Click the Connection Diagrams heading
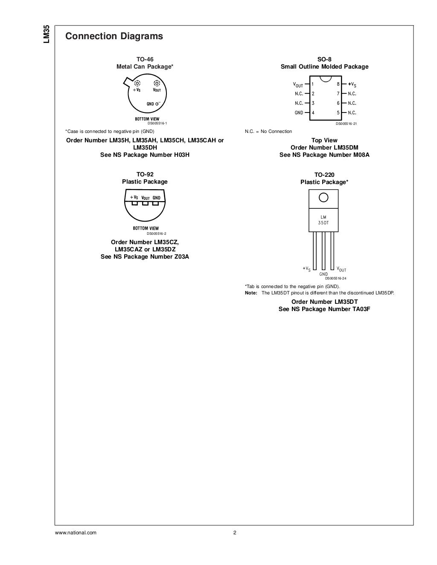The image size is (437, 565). (x=114, y=36)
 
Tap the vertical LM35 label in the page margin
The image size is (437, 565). (x=47, y=34)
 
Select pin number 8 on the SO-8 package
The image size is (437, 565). (x=338, y=84)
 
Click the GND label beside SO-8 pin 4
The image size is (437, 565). (x=299, y=113)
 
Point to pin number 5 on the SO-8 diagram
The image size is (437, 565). (x=338, y=113)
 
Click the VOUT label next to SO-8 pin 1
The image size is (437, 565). (x=298, y=85)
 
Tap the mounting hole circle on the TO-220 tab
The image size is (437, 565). (x=323, y=197)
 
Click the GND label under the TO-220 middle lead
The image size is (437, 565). (x=323, y=274)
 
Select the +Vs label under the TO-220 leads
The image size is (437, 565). (x=306, y=269)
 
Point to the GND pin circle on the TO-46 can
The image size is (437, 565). (x=157, y=104)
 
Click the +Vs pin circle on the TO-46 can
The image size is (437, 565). (x=137, y=84)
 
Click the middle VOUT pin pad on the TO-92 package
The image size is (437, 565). (x=145, y=203)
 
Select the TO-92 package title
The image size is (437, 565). (x=145, y=174)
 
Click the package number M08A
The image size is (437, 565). (x=361, y=155)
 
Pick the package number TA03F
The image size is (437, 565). (x=361, y=309)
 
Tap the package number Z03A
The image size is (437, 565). (x=180, y=257)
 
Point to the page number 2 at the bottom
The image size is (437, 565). (x=234, y=533)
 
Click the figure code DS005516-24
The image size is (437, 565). (x=335, y=278)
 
